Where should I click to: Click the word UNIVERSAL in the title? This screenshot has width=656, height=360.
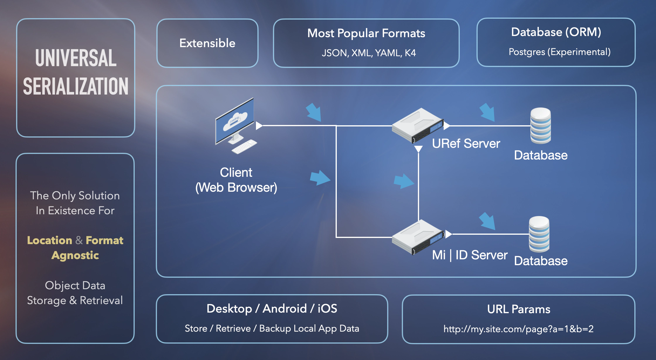tap(76, 58)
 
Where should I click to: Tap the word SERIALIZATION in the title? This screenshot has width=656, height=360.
tap(76, 86)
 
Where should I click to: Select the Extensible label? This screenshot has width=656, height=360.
tap(207, 43)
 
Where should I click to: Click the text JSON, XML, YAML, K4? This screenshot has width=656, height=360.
tap(368, 53)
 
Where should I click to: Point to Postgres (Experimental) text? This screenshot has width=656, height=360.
tap(559, 52)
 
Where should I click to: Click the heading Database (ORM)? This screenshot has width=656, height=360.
tap(556, 32)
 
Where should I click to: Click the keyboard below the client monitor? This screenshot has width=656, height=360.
tap(244, 146)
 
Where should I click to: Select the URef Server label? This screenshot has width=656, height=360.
tap(466, 144)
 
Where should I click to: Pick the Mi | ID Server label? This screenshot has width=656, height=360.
tap(469, 255)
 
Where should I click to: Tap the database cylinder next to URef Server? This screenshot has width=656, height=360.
tap(540, 126)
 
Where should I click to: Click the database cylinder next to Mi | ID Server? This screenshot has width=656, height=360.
tap(539, 234)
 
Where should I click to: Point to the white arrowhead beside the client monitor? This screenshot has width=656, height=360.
tap(259, 126)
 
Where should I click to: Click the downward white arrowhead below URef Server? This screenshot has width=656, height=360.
tap(418, 149)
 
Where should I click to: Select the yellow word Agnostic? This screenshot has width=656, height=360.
tap(75, 255)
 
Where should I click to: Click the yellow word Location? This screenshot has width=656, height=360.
tap(49, 240)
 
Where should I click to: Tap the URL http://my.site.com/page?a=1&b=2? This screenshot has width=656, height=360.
tap(518, 329)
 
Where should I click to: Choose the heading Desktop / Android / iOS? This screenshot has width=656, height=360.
tap(272, 308)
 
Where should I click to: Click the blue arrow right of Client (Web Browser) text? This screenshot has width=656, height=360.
tap(320, 178)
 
